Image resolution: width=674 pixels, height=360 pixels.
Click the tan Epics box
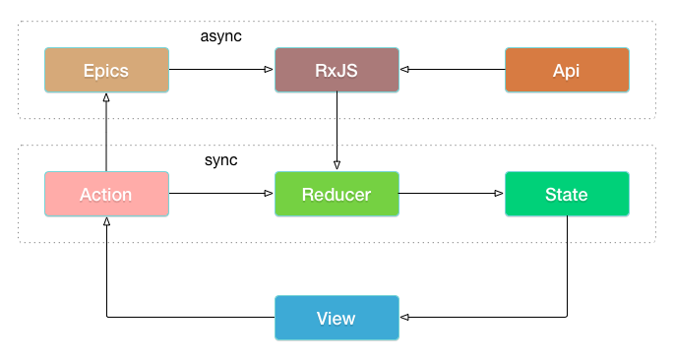point(106,70)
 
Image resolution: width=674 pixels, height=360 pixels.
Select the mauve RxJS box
point(337,70)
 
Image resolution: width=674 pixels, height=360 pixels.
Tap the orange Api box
point(567,70)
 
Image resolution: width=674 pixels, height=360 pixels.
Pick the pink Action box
point(106,194)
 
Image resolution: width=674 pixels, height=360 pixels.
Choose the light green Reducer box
point(337,194)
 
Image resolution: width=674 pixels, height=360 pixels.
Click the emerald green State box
point(567,194)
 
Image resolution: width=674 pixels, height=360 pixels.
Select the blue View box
point(337,318)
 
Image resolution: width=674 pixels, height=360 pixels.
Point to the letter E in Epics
point(89,71)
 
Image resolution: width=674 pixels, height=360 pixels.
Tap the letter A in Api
point(559,71)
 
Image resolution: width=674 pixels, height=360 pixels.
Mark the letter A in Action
point(86,195)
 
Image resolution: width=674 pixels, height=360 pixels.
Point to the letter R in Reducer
point(308,195)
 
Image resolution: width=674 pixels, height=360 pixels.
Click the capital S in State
point(551,195)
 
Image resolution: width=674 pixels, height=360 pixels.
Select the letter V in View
point(322,319)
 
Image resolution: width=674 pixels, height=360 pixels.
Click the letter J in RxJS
point(342,71)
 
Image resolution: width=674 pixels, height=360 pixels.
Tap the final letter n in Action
point(126,196)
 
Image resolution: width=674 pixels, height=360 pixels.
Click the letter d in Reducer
point(333,195)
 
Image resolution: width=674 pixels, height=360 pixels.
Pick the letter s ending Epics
point(124,72)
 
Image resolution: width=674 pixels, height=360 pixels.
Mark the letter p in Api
point(570,73)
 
